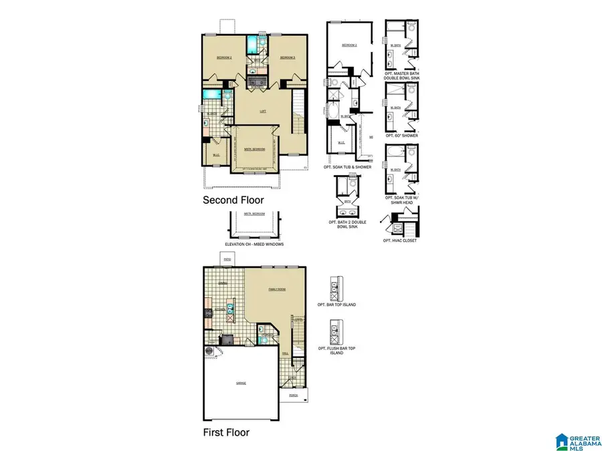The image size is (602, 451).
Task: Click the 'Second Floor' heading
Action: (233, 200)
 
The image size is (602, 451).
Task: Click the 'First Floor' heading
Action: (226, 432)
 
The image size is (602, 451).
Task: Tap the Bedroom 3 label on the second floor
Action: (288, 58)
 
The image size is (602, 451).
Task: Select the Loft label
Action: (263, 111)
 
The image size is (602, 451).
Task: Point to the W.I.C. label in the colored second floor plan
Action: (216, 156)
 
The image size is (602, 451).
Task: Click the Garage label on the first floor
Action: (240, 384)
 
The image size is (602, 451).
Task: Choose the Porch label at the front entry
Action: (293, 396)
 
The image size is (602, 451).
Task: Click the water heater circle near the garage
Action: (208, 349)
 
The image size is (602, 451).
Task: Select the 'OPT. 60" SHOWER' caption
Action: (401, 136)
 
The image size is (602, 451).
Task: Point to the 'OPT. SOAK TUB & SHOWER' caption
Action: (346, 166)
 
